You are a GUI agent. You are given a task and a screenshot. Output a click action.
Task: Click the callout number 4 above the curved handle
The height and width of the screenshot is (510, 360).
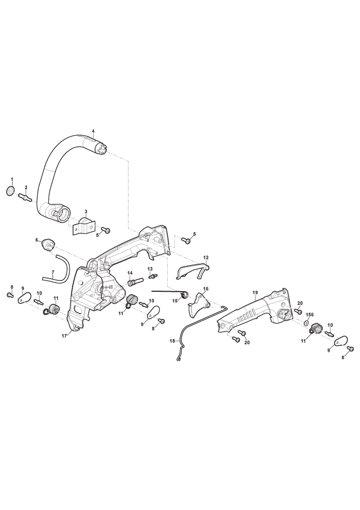coord(93,131)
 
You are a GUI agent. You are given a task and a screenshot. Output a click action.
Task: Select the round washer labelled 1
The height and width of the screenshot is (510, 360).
coord(10,191)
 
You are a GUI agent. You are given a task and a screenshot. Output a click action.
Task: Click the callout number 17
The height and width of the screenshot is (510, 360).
coord(64,336)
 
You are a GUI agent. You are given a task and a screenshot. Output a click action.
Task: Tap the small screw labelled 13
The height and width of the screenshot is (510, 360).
coord(152,276)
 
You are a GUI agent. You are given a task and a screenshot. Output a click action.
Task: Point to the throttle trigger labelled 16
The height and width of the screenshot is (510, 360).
coord(198,304)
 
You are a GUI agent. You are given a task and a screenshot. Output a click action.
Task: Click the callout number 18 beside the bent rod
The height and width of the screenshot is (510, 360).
coord(172,341)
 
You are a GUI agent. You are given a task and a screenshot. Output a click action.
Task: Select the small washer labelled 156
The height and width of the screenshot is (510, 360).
coord(306,323)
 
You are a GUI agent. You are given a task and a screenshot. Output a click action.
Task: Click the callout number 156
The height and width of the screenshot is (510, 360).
coord(310,315)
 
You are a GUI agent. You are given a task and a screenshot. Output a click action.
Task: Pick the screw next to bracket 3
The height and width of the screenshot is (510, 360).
coord(106,231)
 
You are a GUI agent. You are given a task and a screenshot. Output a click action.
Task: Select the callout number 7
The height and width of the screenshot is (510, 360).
coord(53,263)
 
